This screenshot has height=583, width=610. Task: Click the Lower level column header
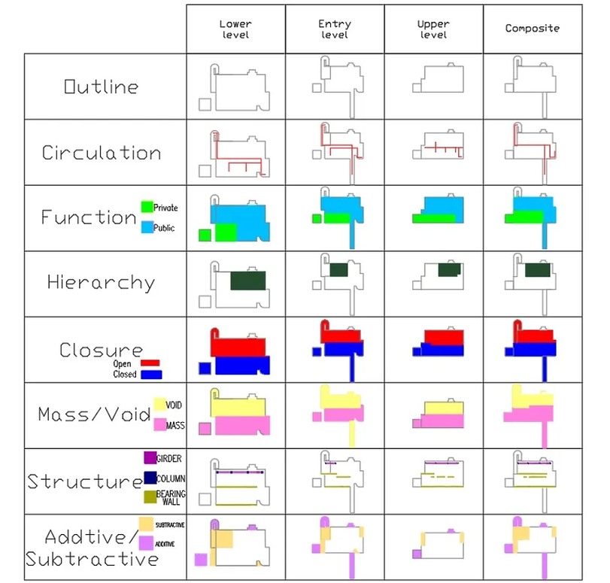click(x=235, y=29)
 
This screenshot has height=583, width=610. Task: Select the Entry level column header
click(x=334, y=29)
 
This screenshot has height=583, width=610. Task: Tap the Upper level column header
click(x=433, y=29)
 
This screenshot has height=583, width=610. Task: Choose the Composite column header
click(x=533, y=29)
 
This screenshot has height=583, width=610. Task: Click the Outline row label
click(x=102, y=87)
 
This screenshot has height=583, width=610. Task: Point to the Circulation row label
click(x=102, y=153)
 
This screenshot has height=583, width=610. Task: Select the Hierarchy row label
click(x=101, y=283)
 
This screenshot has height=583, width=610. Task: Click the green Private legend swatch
click(x=147, y=207)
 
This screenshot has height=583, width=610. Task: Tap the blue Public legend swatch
click(x=147, y=226)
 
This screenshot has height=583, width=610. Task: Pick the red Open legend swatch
click(x=151, y=363)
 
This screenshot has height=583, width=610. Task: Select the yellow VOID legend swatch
click(x=159, y=405)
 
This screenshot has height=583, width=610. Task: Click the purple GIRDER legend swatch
click(x=150, y=457)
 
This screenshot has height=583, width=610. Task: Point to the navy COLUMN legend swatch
click(x=150, y=478)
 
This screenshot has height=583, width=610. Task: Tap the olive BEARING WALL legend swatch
click(x=150, y=497)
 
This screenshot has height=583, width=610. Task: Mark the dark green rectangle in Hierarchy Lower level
click(x=248, y=281)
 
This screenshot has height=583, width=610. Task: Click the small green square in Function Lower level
click(x=204, y=235)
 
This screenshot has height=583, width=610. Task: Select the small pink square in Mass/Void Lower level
click(x=203, y=429)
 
